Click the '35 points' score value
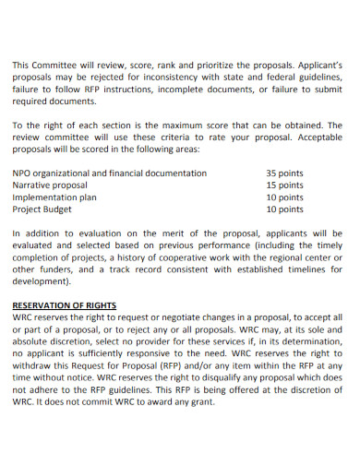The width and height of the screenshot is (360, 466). (284, 173)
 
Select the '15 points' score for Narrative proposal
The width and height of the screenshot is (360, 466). (284, 185)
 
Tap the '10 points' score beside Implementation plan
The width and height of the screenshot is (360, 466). (284, 197)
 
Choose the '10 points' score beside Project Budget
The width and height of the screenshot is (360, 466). (284, 209)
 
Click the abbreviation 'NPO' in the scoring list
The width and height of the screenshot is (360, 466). (22, 173)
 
